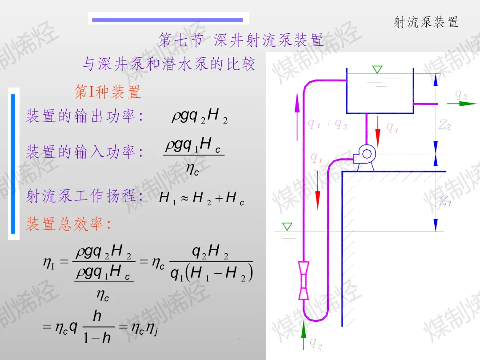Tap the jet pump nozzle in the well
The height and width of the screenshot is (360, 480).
click(x=304, y=280)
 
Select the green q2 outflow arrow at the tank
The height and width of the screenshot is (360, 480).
click(x=462, y=104)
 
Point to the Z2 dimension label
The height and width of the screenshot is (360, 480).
click(x=444, y=124)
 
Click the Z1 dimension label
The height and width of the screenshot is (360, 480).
click(x=445, y=201)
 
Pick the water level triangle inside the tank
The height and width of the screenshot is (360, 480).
click(x=377, y=69)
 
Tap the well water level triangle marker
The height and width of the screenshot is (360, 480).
click(x=287, y=227)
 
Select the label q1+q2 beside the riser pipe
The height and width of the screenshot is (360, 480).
click(x=327, y=124)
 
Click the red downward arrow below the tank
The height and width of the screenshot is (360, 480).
click(x=378, y=131)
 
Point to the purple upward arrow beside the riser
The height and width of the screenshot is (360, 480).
click(x=297, y=116)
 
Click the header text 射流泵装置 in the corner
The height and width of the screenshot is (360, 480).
click(x=426, y=22)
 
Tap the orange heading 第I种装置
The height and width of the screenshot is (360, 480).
click(x=108, y=92)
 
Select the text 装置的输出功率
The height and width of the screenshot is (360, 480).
click(x=81, y=116)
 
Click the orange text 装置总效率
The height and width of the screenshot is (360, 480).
click(x=65, y=224)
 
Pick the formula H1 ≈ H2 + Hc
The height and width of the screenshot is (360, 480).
click(x=202, y=198)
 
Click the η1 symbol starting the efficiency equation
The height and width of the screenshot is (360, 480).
click(x=49, y=263)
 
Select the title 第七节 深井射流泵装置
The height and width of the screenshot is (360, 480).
click(x=240, y=40)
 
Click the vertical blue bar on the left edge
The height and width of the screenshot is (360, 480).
click(x=13, y=164)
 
